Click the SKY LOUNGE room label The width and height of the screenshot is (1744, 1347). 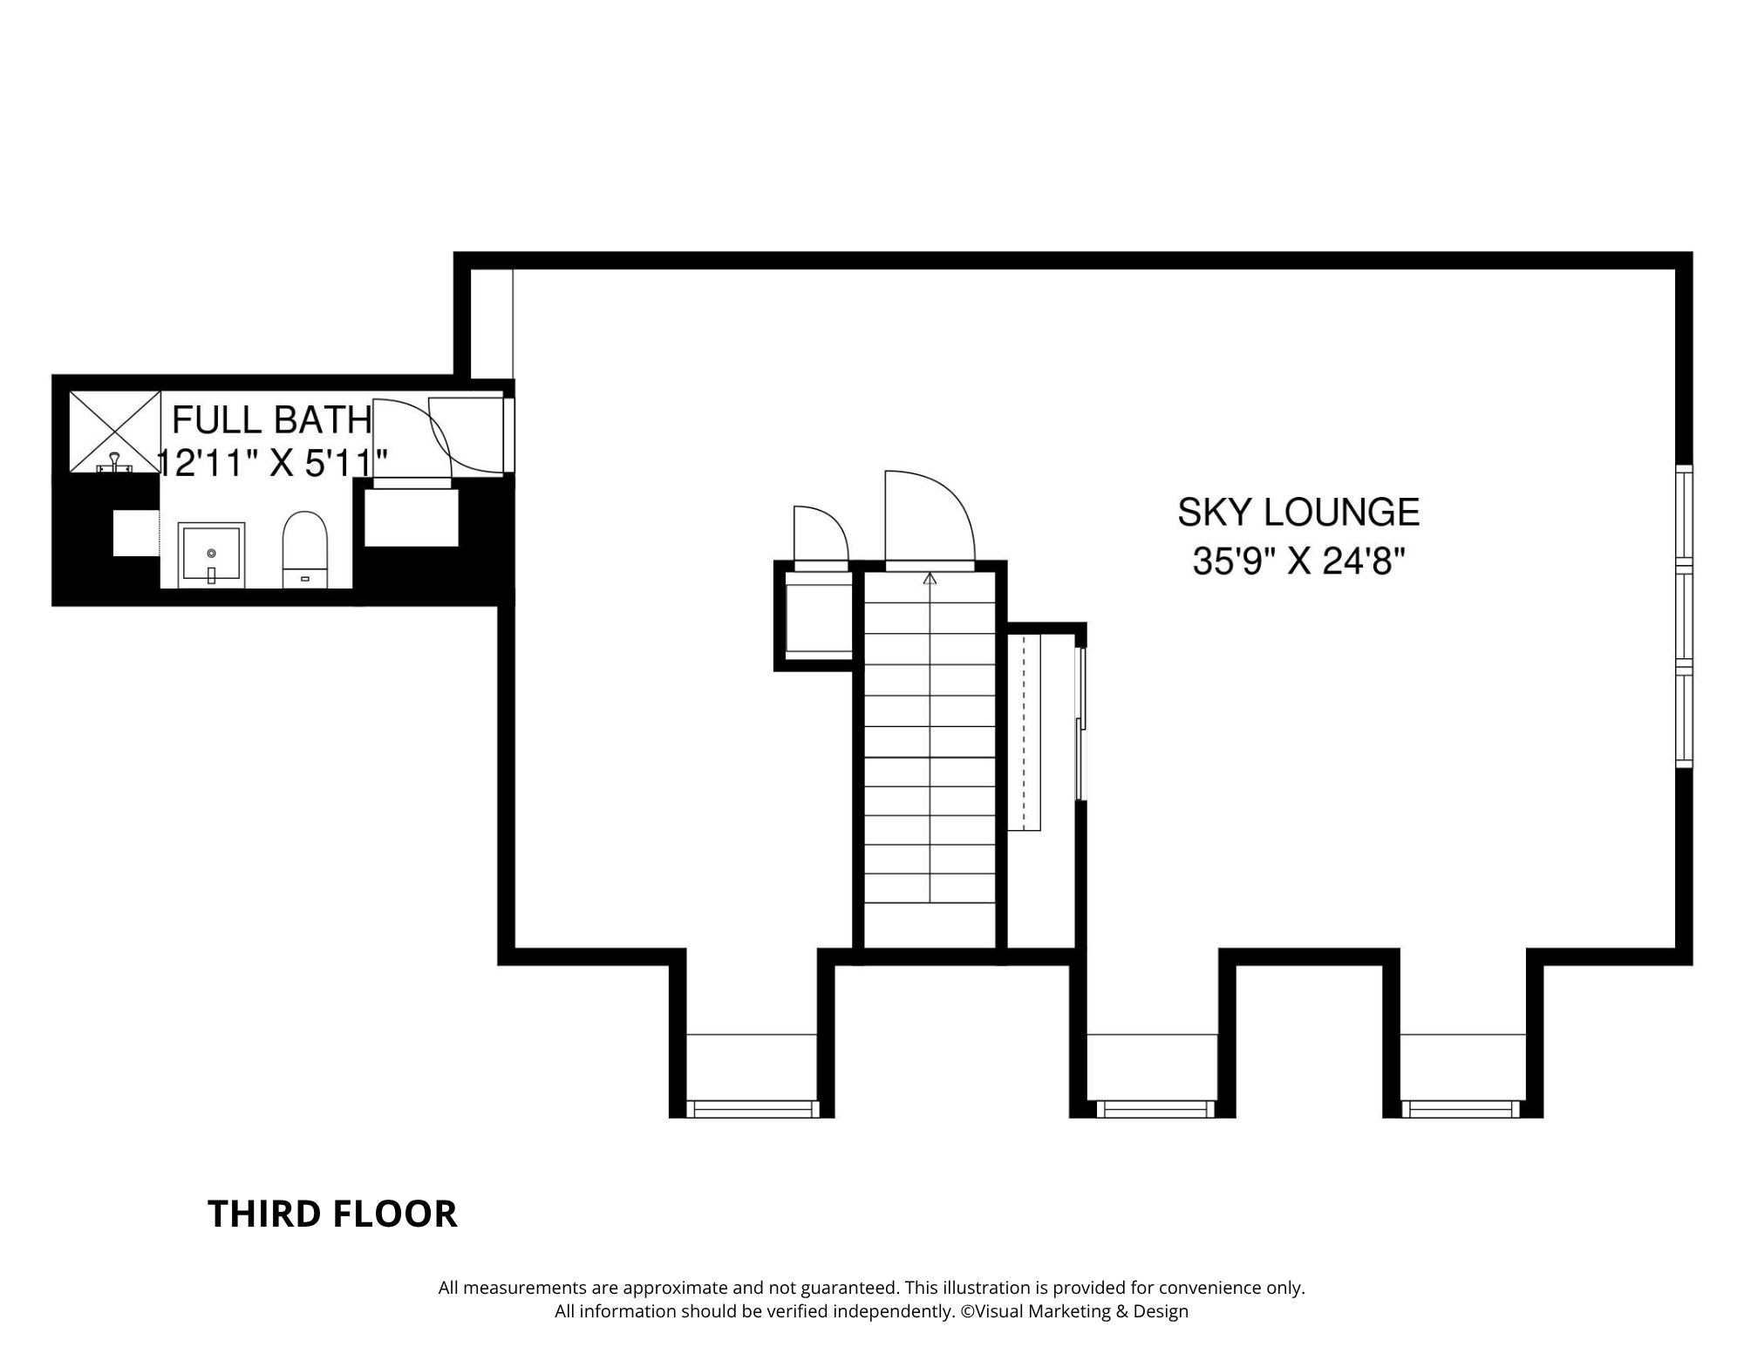pos(1298,512)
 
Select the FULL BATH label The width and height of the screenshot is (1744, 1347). pos(272,420)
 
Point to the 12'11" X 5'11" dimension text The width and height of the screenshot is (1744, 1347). pos(272,462)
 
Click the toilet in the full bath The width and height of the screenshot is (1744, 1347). pos(305,549)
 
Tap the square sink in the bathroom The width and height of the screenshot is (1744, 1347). pos(211,555)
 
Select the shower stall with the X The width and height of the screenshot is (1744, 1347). pos(115,432)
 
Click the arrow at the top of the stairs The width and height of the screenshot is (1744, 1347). pos(930,578)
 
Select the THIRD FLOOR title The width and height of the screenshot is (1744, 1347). pos(332,1214)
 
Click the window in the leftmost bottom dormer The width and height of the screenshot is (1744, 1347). pos(753,1108)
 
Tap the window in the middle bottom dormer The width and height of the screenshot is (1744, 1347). pos(1154,1108)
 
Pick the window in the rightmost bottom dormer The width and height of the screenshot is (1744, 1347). pos(1461,1108)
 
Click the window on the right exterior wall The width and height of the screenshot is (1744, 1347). pos(1684,616)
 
